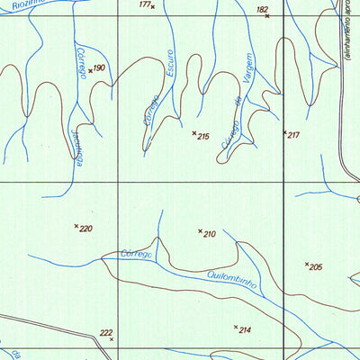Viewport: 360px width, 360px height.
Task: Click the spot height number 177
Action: (144, 4)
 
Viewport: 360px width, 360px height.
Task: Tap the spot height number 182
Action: (262, 9)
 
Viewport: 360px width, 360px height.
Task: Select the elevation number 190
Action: (99, 67)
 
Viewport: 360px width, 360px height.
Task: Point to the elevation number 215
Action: (203, 137)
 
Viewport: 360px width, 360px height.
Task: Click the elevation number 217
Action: (293, 135)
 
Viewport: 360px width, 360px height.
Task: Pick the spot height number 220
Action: (86, 229)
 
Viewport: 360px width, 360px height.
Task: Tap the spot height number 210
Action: (210, 234)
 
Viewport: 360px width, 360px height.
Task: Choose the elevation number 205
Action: (316, 267)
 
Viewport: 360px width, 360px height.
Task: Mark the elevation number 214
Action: (245, 330)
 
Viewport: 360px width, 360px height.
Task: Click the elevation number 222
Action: (106, 332)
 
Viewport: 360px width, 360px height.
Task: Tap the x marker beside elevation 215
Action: (194, 133)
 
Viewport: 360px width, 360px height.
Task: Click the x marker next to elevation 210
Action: (200, 231)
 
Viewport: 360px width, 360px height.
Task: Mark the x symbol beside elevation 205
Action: (307, 264)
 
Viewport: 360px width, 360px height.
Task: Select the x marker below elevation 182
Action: (267, 16)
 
